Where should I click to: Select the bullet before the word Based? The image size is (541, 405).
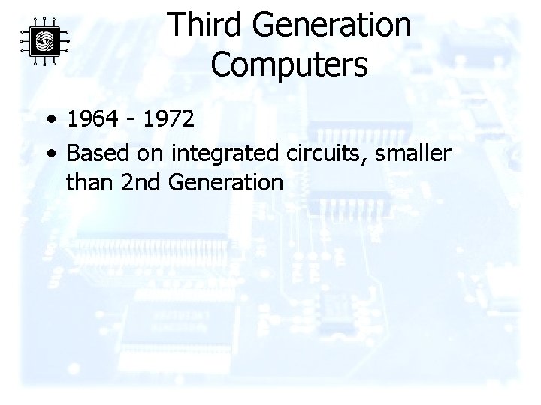[x=49, y=154]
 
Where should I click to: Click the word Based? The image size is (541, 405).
[x=98, y=153]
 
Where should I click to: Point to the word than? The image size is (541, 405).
[x=89, y=181]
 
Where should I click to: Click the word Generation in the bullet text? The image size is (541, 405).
[x=226, y=181]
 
